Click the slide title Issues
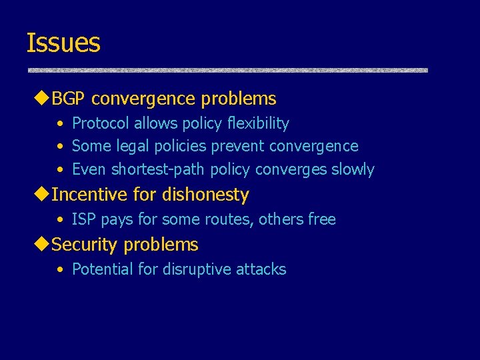(63, 43)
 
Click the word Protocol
(101, 123)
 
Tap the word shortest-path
(159, 169)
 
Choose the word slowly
(352, 169)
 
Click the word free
(321, 219)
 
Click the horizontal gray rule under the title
(227, 69)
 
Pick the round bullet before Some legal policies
(61, 146)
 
